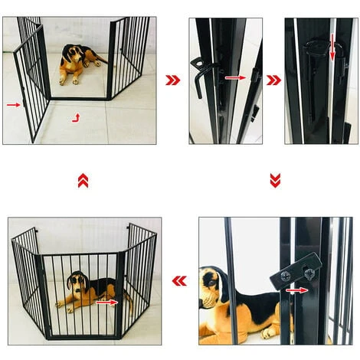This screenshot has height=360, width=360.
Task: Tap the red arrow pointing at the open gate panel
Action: click(13, 103)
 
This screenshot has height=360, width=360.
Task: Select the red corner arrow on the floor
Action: click(75, 117)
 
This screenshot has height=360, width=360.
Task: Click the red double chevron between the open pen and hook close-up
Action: click(172, 79)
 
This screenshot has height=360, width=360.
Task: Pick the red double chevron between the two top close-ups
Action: click(273, 79)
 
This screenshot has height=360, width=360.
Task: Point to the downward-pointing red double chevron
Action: click(275, 180)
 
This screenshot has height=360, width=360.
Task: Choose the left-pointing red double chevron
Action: click(179, 281)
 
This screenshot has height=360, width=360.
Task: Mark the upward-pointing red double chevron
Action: click(83, 180)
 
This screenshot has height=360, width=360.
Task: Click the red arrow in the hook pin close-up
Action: click(236, 77)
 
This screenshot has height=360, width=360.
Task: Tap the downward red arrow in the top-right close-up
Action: click(332, 47)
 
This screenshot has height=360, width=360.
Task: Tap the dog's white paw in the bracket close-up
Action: click(267, 332)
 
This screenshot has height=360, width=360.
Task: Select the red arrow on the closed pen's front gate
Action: click(108, 303)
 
